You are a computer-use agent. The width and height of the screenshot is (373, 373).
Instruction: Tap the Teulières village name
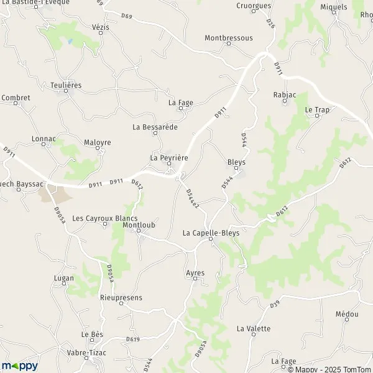(x=67, y=84)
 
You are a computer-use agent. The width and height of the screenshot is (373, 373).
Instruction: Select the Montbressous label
(x=229, y=38)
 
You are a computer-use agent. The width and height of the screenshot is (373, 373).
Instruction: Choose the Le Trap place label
(x=316, y=109)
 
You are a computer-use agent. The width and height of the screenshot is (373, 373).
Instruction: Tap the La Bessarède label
(x=155, y=127)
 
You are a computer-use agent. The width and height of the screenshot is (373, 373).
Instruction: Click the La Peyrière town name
(x=169, y=158)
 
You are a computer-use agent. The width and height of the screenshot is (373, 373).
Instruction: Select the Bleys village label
(x=236, y=162)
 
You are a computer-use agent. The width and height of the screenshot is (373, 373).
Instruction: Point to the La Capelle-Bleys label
(x=211, y=233)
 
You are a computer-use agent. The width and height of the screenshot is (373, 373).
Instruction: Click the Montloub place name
(x=139, y=224)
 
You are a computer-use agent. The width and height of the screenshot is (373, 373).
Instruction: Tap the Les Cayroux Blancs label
(x=105, y=218)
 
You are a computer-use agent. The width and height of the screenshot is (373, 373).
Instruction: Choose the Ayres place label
(x=195, y=273)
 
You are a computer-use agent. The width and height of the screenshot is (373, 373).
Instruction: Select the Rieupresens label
(x=121, y=297)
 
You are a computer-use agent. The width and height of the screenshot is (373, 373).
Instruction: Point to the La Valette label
(x=254, y=328)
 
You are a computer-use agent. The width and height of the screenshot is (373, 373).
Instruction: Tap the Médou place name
(x=346, y=314)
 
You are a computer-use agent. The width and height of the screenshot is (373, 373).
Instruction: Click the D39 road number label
(x=275, y=305)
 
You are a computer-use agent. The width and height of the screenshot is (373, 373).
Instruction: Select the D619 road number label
(x=132, y=339)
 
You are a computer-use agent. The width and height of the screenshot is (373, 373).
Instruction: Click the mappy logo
(x=19, y=366)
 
